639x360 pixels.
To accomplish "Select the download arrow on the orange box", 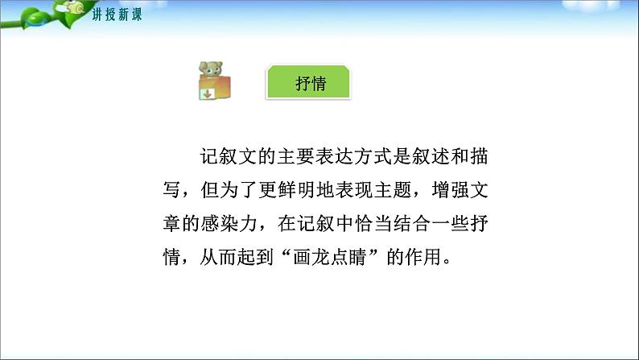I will click(x=207, y=95).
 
